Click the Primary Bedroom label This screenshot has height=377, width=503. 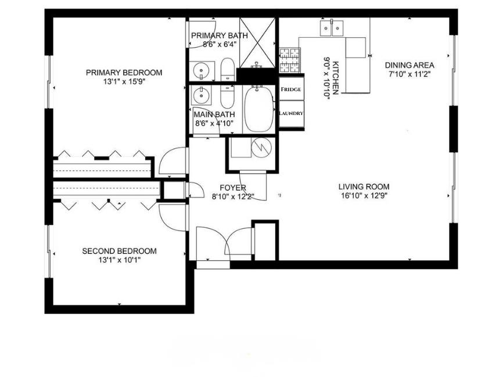point(124,73)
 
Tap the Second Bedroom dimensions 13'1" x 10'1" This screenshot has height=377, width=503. point(120,260)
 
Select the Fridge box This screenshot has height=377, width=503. point(291,89)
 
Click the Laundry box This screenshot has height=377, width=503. point(291,113)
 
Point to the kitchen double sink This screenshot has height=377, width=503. point(332,28)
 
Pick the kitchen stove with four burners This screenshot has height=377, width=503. point(290,60)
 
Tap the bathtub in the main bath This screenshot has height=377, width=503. point(259,109)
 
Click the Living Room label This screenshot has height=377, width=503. point(364,186)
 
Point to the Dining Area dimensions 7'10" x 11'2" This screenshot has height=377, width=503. point(409,74)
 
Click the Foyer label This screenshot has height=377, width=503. point(233,188)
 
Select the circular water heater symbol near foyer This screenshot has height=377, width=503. point(262,148)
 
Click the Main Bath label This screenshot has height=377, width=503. point(214,114)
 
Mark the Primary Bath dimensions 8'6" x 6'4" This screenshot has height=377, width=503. point(220,45)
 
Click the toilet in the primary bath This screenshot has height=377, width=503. point(228,70)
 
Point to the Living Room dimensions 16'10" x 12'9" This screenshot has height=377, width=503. point(364,196)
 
